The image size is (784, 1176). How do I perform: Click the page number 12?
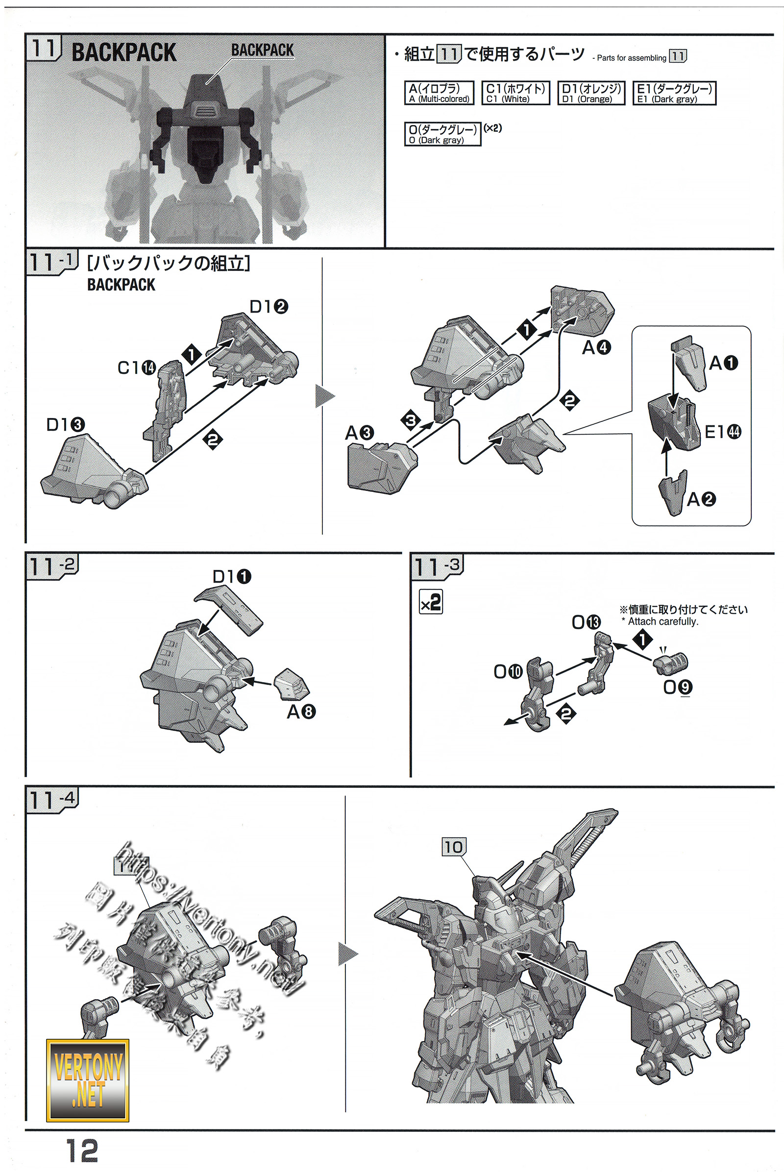point(82,1151)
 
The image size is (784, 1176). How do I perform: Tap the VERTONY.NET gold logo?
point(88,1080)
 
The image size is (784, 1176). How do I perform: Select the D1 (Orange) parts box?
point(591,93)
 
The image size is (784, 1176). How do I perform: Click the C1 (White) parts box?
point(515,93)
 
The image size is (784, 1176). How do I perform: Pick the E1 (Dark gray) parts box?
point(674,93)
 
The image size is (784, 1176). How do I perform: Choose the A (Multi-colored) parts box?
point(439,93)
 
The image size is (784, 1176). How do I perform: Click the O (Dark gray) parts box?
point(442,134)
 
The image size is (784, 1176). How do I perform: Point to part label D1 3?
point(66,424)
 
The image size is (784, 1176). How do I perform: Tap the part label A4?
point(596,347)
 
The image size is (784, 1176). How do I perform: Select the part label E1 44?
point(722,431)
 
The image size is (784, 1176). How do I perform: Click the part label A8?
point(301,711)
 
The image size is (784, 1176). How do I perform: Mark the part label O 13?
point(586,622)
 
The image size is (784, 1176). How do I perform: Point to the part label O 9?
point(678,687)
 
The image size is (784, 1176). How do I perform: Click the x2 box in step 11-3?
point(431,602)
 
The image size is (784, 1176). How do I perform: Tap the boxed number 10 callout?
point(454,847)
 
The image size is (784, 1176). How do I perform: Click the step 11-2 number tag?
point(52,566)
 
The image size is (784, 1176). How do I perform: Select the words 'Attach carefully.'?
point(662,621)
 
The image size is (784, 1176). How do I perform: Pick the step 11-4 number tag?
point(52,800)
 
